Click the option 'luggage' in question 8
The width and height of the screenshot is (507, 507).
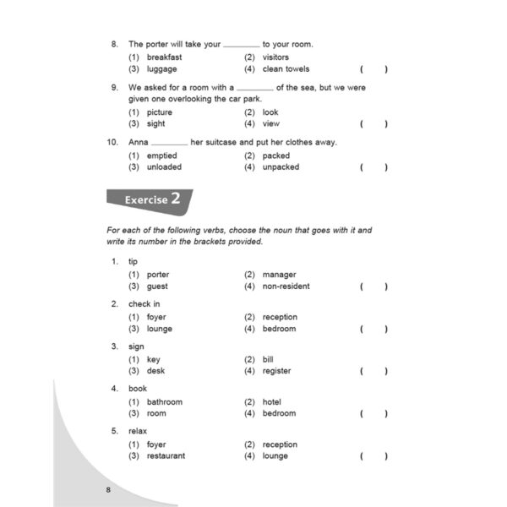point(161,69)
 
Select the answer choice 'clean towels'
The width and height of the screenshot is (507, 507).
point(286,69)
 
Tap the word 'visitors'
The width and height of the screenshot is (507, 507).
point(275,57)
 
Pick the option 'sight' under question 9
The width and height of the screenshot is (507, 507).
point(157,124)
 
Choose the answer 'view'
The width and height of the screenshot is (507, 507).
point(271,124)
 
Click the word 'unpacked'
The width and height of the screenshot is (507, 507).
point(281,167)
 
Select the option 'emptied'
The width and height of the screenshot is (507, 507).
point(162,155)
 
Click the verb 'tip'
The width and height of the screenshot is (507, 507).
point(133,262)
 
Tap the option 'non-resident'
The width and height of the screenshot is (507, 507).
point(286,286)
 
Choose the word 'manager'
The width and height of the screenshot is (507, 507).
point(280,275)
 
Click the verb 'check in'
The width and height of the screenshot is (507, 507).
point(143,304)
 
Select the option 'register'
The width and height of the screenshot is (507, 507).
point(276,371)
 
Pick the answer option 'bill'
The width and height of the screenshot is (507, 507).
point(268,359)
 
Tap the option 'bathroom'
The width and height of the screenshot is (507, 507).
point(164,402)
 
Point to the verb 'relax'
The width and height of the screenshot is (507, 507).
point(138,432)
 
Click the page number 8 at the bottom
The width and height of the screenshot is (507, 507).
point(108,490)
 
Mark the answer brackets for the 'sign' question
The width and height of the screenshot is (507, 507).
point(373,371)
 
